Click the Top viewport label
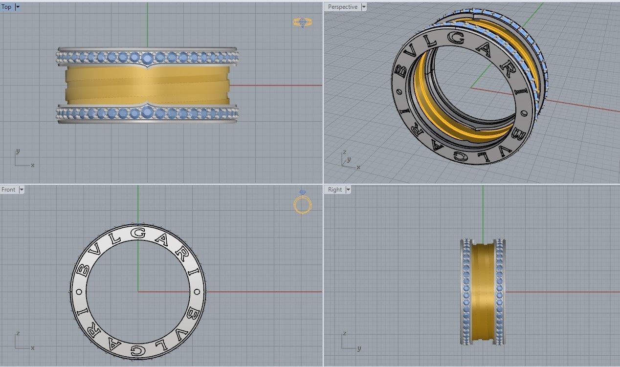[6, 7]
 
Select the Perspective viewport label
[342, 7]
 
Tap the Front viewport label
[8, 190]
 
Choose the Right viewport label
[335, 190]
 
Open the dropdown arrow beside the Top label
[18, 7]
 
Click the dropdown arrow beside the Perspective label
[363, 7]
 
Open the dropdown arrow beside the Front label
[21, 190]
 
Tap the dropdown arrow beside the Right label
[347, 190]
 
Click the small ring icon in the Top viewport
[302, 22]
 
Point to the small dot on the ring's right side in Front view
[198, 292]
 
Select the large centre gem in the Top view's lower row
[148, 113]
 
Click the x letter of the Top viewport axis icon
[33, 166]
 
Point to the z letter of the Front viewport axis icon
[18, 333]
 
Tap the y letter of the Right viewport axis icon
[359, 348]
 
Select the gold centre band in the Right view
[483, 292]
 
